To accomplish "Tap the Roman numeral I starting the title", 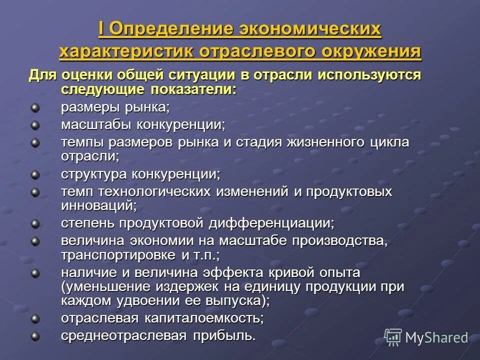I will (x=101, y=29).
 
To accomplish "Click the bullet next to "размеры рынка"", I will (x=34, y=107).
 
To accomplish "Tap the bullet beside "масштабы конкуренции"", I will (x=34, y=124).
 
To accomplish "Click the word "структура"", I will (x=94, y=174).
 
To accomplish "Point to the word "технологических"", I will (x=155, y=191).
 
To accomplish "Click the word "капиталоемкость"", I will (x=204, y=318).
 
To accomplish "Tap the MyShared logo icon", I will (x=393, y=337).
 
